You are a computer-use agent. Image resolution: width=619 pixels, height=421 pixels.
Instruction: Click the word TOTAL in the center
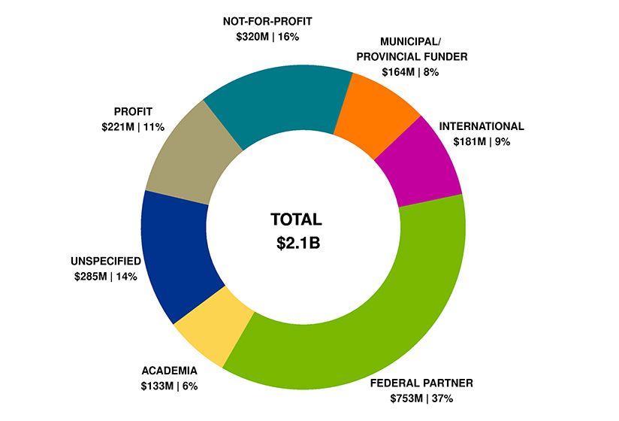point(295,220)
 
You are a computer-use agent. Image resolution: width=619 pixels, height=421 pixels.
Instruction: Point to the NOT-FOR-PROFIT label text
point(267,21)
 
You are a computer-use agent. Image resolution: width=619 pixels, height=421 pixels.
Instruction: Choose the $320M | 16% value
point(267,36)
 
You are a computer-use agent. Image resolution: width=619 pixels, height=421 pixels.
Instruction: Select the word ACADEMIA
point(169,371)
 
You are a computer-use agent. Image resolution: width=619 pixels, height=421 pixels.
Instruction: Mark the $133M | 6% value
point(169,386)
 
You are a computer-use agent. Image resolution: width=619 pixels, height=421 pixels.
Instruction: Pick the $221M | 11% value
point(134,127)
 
